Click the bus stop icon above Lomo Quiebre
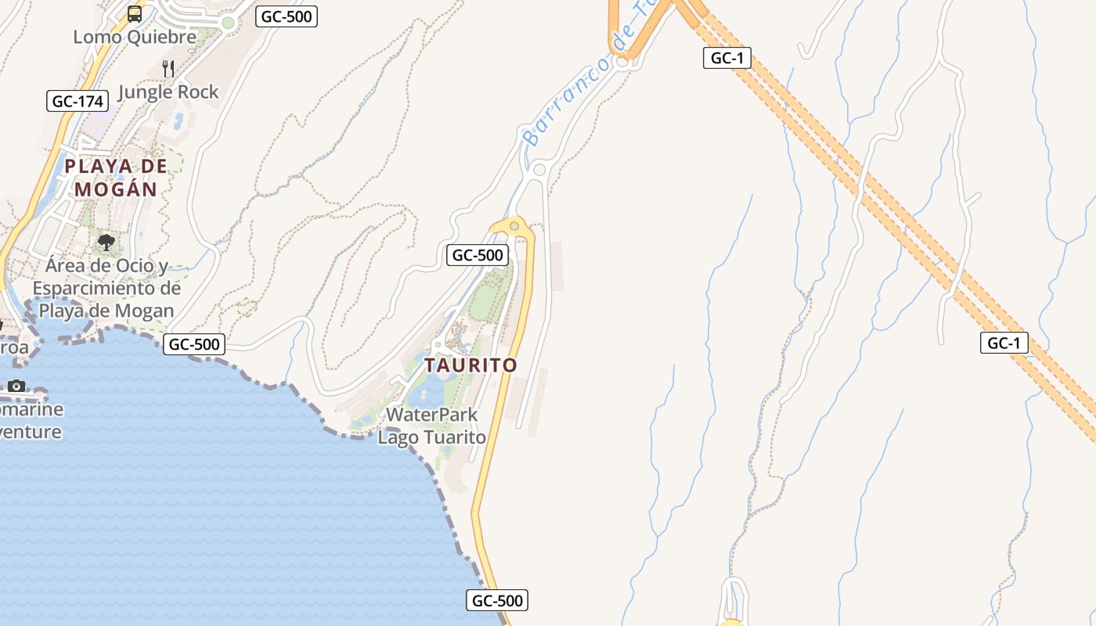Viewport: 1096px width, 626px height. (x=135, y=13)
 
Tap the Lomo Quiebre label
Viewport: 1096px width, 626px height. (x=135, y=37)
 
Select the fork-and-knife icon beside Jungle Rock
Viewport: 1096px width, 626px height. (x=168, y=68)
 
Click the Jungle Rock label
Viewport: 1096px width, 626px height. (x=168, y=92)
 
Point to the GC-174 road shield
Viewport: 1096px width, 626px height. (x=77, y=101)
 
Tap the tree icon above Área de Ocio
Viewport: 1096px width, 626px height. (x=106, y=243)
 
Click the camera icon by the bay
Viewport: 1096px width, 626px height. (x=16, y=386)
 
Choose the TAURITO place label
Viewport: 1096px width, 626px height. (x=471, y=365)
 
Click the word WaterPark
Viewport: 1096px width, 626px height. (x=432, y=415)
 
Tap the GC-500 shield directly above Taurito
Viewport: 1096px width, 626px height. (x=478, y=255)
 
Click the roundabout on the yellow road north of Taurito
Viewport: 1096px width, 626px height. (x=514, y=226)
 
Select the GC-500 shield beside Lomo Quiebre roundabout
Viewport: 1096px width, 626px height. (x=287, y=16)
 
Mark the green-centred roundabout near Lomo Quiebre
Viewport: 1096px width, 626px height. (x=228, y=23)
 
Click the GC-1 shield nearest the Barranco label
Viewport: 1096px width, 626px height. (x=726, y=58)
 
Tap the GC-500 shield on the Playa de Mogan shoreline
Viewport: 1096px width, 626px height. (x=194, y=344)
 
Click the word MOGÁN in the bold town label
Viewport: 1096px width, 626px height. (x=117, y=189)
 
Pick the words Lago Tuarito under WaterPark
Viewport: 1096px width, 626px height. (x=432, y=437)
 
